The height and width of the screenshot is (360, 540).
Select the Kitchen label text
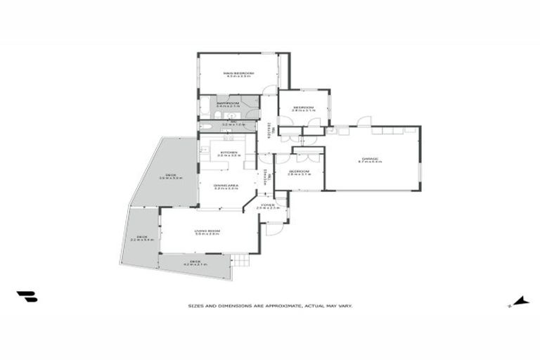coord(229,153)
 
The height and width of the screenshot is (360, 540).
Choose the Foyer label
coord(268,206)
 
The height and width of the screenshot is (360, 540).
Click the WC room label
coord(229,124)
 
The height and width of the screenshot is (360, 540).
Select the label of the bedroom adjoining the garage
coord(299,172)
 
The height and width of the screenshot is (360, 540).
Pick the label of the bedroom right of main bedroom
coord(303,108)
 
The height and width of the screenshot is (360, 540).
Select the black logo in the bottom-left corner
coord(27,297)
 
